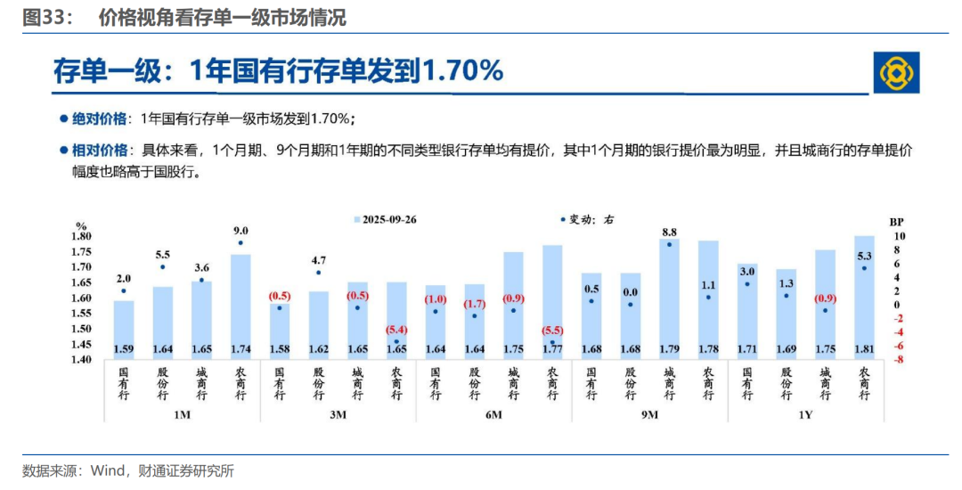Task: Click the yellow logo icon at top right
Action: tap(895, 73)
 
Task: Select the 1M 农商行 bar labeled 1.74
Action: tap(240, 303)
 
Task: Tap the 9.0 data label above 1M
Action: tap(240, 231)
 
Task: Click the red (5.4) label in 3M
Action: tap(397, 329)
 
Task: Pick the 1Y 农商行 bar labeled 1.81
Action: tap(863, 294)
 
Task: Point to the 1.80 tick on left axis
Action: tap(83, 236)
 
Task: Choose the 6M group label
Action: tap(493, 414)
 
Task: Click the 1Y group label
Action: tap(805, 414)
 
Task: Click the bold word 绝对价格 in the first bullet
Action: tap(100, 118)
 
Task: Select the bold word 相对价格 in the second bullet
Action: tap(100, 150)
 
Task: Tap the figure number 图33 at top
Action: tap(42, 18)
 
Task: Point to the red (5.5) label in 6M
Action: tap(552, 331)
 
